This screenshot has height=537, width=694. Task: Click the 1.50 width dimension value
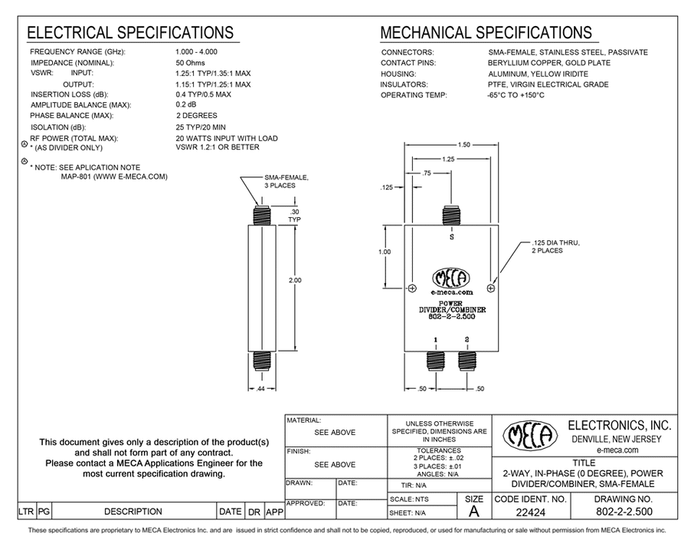tap(464, 144)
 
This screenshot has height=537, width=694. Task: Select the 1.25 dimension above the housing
tap(448, 159)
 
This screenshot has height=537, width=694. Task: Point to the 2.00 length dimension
tap(295, 280)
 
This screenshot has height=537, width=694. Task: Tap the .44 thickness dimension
tap(260, 389)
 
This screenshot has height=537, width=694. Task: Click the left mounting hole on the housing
tap(412, 288)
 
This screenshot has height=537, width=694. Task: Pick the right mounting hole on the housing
tap(490, 288)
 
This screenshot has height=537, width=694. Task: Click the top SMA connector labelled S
tap(451, 216)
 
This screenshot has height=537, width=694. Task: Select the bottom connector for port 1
tap(436, 361)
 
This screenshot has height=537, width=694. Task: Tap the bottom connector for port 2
tap(466, 361)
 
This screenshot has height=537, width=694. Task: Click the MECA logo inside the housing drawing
tap(451, 278)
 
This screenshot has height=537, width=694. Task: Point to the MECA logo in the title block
tap(530, 435)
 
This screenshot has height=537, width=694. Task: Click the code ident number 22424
tap(531, 512)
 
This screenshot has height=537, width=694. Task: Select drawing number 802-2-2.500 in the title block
tap(624, 512)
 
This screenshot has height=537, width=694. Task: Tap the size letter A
tap(474, 512)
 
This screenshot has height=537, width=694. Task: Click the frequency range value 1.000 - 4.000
tap(197, 52)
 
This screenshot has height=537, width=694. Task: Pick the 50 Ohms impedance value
tap(190, 63)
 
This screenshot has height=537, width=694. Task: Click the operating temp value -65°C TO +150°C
tap(516, 95)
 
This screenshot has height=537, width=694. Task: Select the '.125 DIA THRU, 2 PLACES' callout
tap(555, 246)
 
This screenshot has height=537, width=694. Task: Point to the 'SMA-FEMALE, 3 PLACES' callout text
tap(286, 181)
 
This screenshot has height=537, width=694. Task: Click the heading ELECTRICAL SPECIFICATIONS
tap(130, 33)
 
